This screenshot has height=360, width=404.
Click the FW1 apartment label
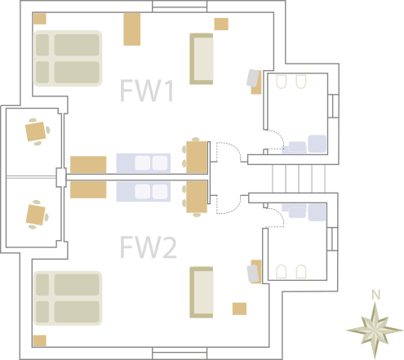[x=147, y=91]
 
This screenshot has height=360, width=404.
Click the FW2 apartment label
[x=149, y=247]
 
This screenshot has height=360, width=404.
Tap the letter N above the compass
[x=375, y=295]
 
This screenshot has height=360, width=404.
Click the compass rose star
[x=375, y=330]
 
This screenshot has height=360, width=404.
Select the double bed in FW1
[x=68, y=58]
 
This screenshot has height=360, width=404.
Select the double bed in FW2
[x=68, y=298]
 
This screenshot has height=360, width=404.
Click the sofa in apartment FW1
[x=202, y=59]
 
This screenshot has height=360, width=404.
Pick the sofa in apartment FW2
[x=202, y=292]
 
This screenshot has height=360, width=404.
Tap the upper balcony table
[x=35, y=131]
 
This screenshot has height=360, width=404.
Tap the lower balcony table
[x=36, y=215]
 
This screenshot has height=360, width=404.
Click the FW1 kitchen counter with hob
[x=144, y=163]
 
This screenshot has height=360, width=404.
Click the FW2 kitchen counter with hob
[x=144, y=192]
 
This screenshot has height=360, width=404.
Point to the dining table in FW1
[x=197, y=158]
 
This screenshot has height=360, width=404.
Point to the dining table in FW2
[x=197, y=197]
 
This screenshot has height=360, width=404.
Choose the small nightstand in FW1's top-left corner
[x=40, y=19]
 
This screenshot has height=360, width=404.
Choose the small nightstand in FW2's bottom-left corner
[x=40, y=340]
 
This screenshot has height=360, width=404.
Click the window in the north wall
[x=180, y=7]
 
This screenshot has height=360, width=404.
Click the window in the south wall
[x=180, y=353]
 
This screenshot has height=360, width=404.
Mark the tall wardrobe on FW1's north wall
[x=132, y=29]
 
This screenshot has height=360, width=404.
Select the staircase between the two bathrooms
[x=299, y=179]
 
